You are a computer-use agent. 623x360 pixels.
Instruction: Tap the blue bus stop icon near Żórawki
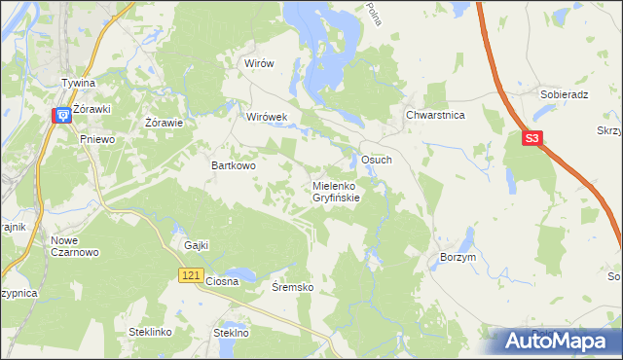tap(62, 116)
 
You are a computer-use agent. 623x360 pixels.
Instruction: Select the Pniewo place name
tap(97, 139)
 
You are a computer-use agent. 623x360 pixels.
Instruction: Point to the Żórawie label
tap(165, 123)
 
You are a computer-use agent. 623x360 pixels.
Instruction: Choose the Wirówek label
tap(267, 117)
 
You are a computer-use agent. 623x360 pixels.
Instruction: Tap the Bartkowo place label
tap(234, 166)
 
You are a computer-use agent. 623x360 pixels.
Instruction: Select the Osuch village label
tap(377, 159)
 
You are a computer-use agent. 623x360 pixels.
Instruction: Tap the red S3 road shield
tap(531, 139)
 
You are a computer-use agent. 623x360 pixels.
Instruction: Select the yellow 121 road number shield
tap(191, 277)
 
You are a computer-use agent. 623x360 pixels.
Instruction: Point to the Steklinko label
tap(150, 332)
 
